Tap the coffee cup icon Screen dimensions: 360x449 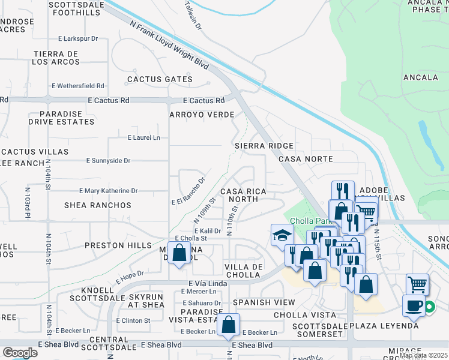(x=414, y=305)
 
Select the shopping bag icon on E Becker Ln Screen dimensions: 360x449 (x=229, y=325)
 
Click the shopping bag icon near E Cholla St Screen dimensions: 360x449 (x=179, y=253)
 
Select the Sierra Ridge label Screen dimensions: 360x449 (x=264, y=146)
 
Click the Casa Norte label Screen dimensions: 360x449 (x=306, y=159)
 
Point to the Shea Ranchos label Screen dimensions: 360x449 (x=98, y=205)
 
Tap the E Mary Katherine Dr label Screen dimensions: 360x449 (x=109, y=191)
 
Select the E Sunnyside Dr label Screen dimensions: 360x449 (x=108, y=161)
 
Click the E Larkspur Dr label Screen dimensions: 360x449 (x=74, y=38)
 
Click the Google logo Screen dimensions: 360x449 (x=19, y=353)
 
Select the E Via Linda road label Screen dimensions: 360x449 (x=210, y=282)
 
